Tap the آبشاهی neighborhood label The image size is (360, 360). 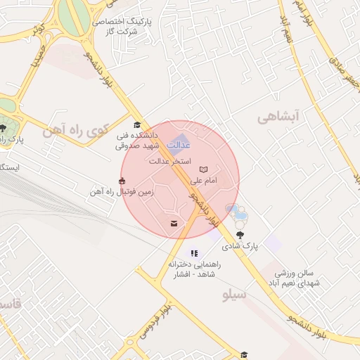(x=278, y=117)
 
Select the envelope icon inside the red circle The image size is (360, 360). (x=173, y=224)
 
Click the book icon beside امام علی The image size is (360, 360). (x=204, y=170)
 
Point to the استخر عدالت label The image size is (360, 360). (x=169, y=161)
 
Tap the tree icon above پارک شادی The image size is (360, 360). (x=241, y=235)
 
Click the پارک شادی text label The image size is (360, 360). (x=241, y=247)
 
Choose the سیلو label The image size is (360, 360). (x=234, y=295)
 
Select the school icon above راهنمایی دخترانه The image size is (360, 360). (x=194, y=253)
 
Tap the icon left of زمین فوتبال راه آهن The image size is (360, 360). (x=124, y=181)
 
